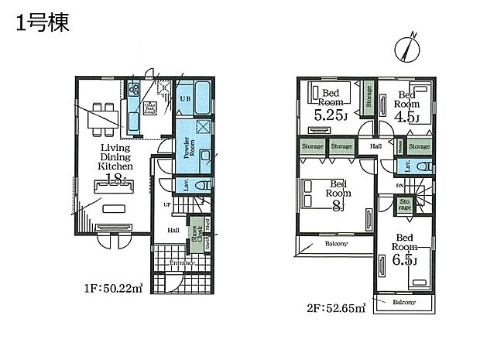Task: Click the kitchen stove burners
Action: coord(133,87)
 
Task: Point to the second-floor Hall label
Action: coord(375,146)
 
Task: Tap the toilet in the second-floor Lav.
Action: coord(423,166)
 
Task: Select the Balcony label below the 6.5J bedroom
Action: coord(403,302)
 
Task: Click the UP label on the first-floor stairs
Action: coord(166,204)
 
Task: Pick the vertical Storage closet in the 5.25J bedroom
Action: coord(369,99)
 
